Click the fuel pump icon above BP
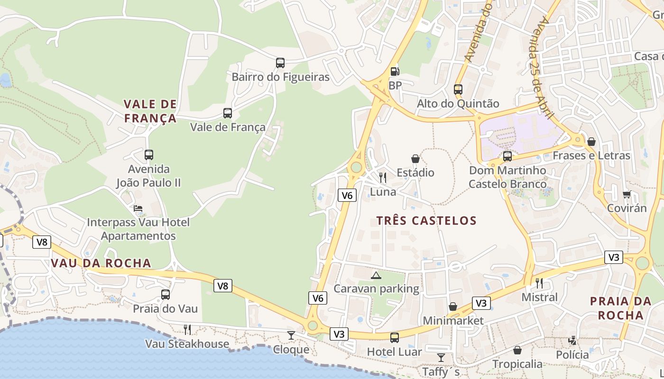coord(395,72)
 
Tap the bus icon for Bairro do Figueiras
coord(280,63)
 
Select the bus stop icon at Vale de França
coord(228,113)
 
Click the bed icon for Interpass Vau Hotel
coord(138,208)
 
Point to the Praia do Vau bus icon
coord(165,295)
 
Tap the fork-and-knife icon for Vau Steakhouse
coord(187,329)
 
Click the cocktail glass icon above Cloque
coord(291,335)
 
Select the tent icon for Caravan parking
coord(376,275)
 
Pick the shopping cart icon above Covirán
coord(627,194)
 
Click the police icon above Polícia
coord(572,341)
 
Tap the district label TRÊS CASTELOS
coord(426,220)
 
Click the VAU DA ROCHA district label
coord(101,263)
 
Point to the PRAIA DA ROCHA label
coord(620,308)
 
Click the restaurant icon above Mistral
coord(539,283)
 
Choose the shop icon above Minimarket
coord(453,307)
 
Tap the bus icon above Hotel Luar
coord(394,338)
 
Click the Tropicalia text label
coord(517,364)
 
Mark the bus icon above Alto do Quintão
coord(458,89)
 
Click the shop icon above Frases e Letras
coord(591,142)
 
